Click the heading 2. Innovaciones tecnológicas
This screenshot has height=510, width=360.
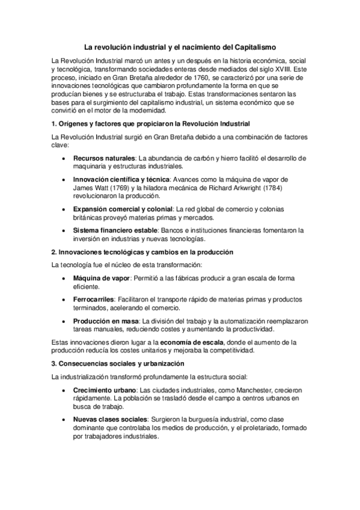click(142, 251)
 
